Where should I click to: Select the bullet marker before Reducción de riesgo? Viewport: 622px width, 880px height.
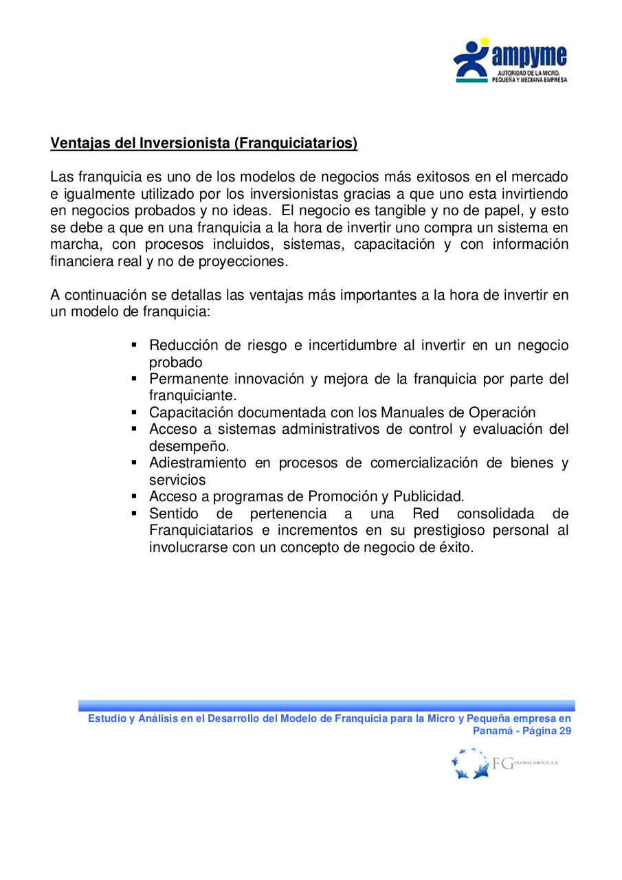click(x=135, y=345)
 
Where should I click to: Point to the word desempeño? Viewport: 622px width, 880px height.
click(x=179, y=446)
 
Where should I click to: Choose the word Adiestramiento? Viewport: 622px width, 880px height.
click(x=197, y=463)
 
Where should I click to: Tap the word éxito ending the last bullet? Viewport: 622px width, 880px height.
click(x=456, y=547)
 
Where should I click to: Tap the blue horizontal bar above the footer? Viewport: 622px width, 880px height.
click(x=326, y=705)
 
